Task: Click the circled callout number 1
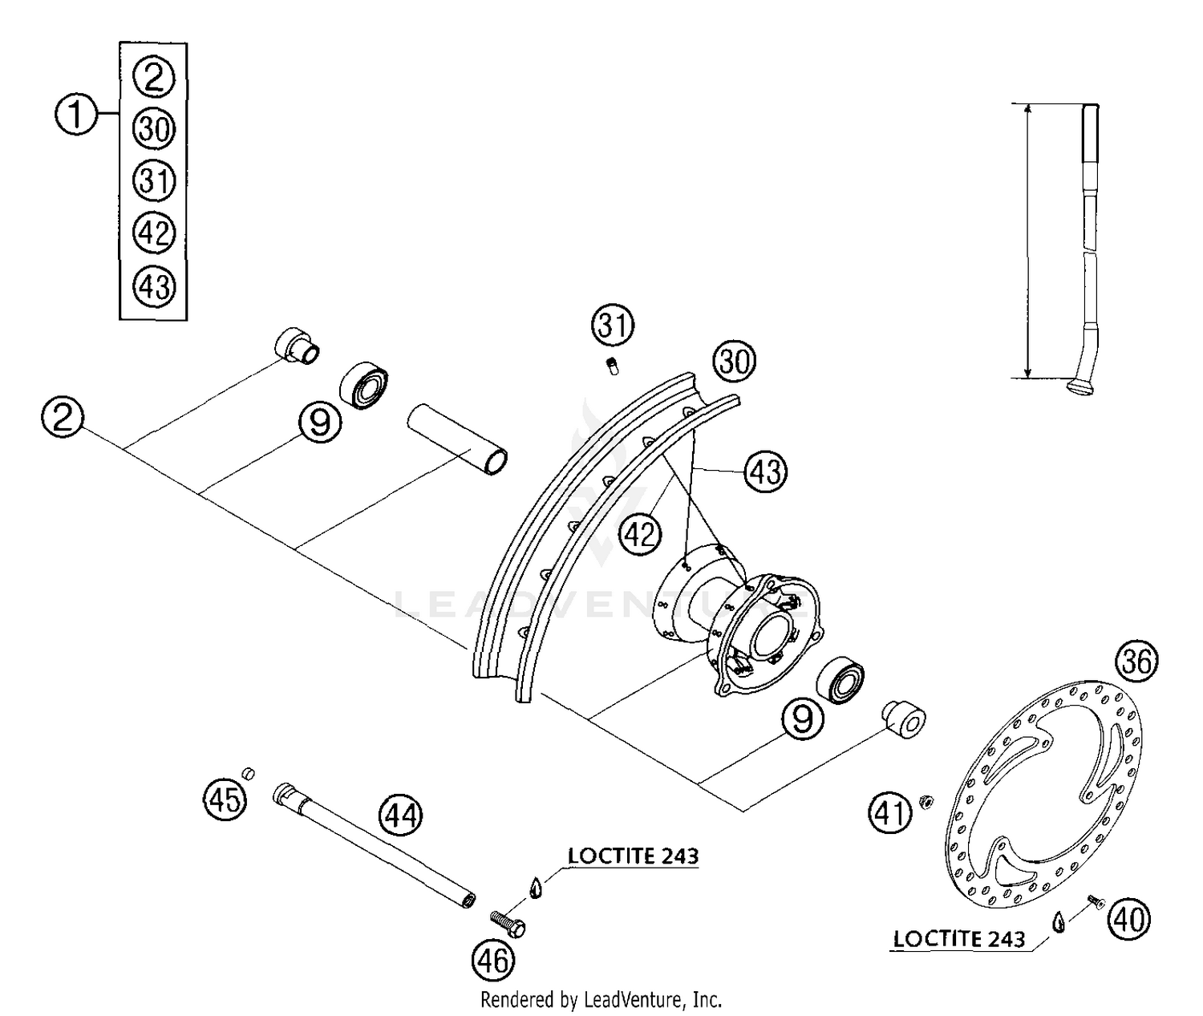tap(75, 115)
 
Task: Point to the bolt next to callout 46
tap(507, 923)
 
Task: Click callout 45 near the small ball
tap(225, 799)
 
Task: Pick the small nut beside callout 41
tap(925, 801)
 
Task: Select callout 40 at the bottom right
tap(1128, 919)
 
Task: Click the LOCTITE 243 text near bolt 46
tap(633, 856)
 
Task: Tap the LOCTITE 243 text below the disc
tap(958, 938)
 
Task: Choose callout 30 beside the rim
tap(735, 362)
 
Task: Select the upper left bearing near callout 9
tap(366, 385)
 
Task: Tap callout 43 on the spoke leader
tap(765, 471)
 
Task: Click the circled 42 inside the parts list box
tap(154, 233)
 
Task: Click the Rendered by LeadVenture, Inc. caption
tap(601, 1000)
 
